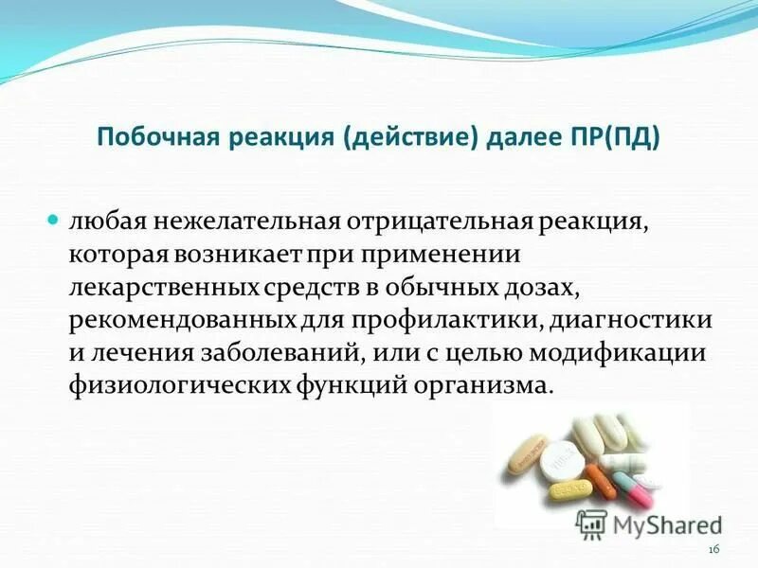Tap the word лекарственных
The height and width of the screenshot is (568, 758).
[x=151, y=288]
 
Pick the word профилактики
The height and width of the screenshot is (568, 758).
[x=464, y=321]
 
